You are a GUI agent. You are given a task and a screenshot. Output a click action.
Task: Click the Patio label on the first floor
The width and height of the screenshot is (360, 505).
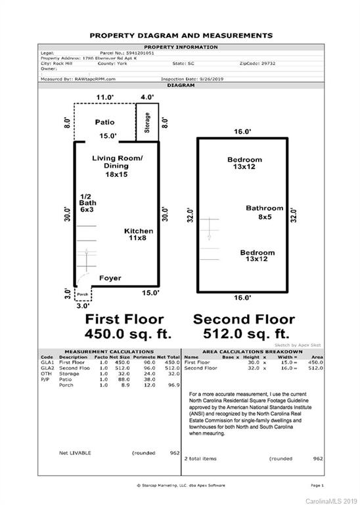tap(104, 122)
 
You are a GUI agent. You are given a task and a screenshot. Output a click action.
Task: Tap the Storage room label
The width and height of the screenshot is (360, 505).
tap(146, 122)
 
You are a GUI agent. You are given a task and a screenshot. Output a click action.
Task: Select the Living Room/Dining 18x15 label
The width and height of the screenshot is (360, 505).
tap(117, 166)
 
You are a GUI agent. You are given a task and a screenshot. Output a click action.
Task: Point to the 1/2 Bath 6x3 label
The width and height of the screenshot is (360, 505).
tap(87, 203)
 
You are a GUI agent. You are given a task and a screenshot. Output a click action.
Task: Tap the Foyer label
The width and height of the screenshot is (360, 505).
tap(110, 278)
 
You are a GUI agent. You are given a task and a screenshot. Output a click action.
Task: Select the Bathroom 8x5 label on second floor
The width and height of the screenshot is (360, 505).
tap(264, 212)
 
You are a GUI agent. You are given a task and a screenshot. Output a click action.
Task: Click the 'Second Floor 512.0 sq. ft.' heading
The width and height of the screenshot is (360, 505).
tap(244, 326)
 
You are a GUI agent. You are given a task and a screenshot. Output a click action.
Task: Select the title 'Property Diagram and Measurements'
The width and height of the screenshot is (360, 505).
tap(181, 36)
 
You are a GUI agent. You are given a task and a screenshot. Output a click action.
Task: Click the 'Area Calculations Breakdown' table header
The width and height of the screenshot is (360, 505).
tap(252, 352)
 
